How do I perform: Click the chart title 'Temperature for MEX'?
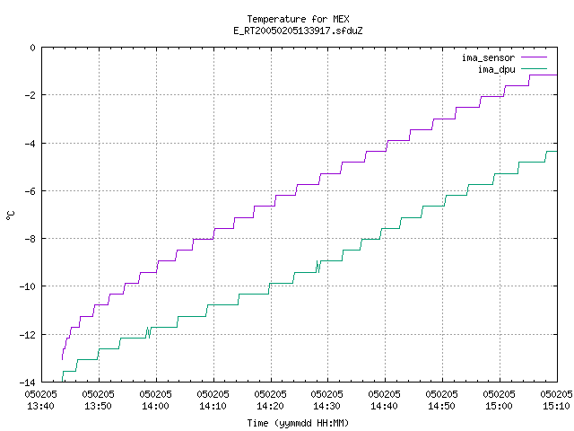[298, 19]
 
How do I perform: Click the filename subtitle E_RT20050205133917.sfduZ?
[298, 31]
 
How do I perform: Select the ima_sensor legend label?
[488, 57]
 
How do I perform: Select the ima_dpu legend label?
[496, 69]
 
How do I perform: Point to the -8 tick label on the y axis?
[30, 239]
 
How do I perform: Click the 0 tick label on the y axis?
[33, 48]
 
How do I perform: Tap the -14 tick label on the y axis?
[27, 382]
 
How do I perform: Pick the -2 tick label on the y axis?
[30, 95]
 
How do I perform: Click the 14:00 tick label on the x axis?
[155, 406]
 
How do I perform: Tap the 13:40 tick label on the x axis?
[40, 406]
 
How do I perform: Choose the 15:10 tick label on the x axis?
[556, 406]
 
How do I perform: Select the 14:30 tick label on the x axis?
[326, 406]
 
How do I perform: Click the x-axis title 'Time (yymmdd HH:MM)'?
[298, 423]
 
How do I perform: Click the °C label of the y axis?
[10, 215]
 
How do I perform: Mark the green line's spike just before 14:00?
[148, 332]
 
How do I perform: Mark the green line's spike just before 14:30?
[318, 267]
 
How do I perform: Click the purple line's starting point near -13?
[62, 359]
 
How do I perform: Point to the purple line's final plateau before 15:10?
[544, 75]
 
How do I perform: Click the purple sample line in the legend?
[535, 57]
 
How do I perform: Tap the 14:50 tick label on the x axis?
[442, 406]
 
